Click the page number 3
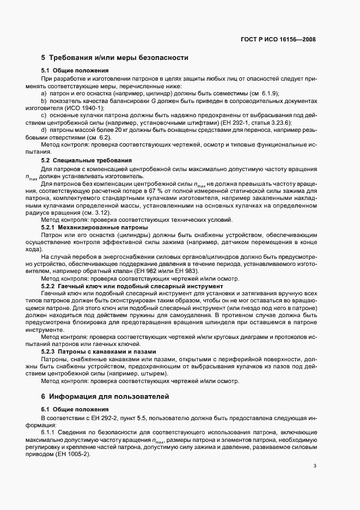(314, 466)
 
